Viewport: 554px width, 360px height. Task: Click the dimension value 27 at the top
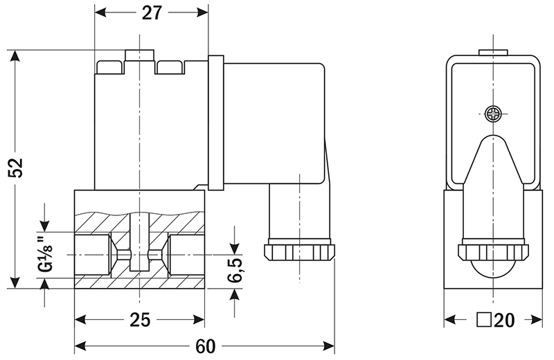tap(151, 13)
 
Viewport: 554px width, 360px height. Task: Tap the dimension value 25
tap(139, 321)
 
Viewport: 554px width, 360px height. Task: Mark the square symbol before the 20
tap(484, 320)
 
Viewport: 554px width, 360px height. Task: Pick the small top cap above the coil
tap(139, 55)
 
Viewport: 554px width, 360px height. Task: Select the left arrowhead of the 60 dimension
tap(80, 345)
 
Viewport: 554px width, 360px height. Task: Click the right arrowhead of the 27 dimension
tap(203, 13)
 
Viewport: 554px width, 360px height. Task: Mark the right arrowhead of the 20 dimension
tap(537, 320)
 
